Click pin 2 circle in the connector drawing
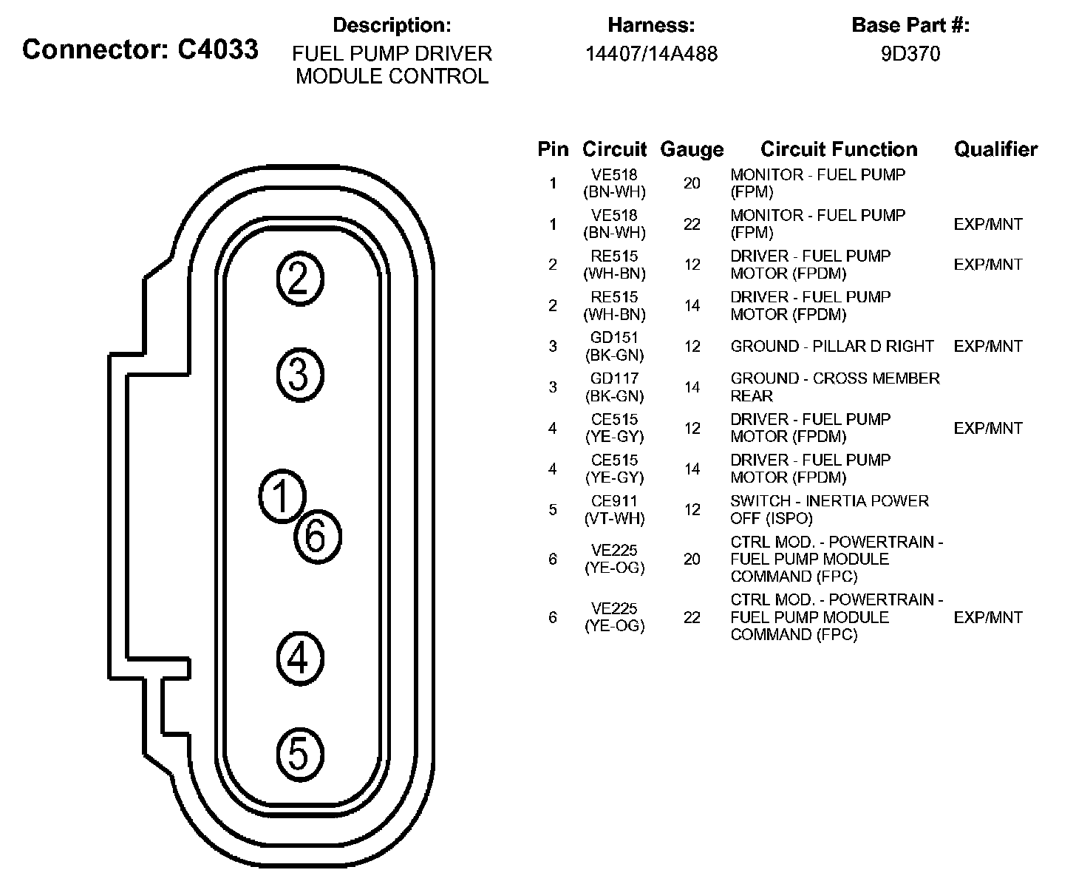pyautogui.click(x=299, y=279)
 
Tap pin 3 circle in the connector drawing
pyautogui.click(x=299, y=374)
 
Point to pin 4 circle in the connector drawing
pyautogui.click(x=299, y=658)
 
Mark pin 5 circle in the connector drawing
pyautogui.click(x=299, y=754)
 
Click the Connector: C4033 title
pyautogui.click(x=140, y=50)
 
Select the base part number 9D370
pyautogui.click(x=910, y=54)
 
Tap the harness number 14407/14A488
pyautogui.click(x=651, y=54)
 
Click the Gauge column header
pyautogui.click(x=692, y=149)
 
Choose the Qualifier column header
pyautogui.click(x=995, y=149)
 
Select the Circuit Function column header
pyautogui.click(x=839, y=149)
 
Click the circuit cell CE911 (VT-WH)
pyautogui.click(x=614, y=510)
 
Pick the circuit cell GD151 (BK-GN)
pyautogui.click(x=614, y=347)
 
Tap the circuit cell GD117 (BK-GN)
pyautogui.click(x=614, y=387)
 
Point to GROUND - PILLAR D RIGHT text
pyautogui.click(x=832, y=347)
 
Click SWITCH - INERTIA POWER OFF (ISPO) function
pyautogui.click(x=829, y=510)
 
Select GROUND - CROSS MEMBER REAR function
pyautogui.click(x=835, y=387)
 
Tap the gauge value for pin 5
pyautogui.click(x=692, y=510)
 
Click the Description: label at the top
pyautogui.click(x=392, y=25)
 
